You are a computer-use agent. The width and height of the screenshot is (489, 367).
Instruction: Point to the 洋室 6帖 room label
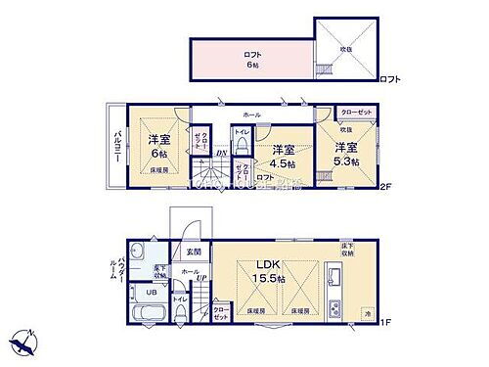pos(158,146)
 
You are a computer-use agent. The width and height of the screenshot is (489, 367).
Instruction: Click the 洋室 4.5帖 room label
pos(284,155)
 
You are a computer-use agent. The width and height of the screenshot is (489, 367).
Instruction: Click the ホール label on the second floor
pos(251,115)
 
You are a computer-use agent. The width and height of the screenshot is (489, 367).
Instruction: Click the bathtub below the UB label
pos(149,315)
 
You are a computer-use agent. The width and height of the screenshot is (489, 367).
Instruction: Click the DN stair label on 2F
pos(221,153)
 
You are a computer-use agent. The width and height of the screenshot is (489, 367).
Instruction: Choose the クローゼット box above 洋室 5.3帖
pos(353,115)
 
